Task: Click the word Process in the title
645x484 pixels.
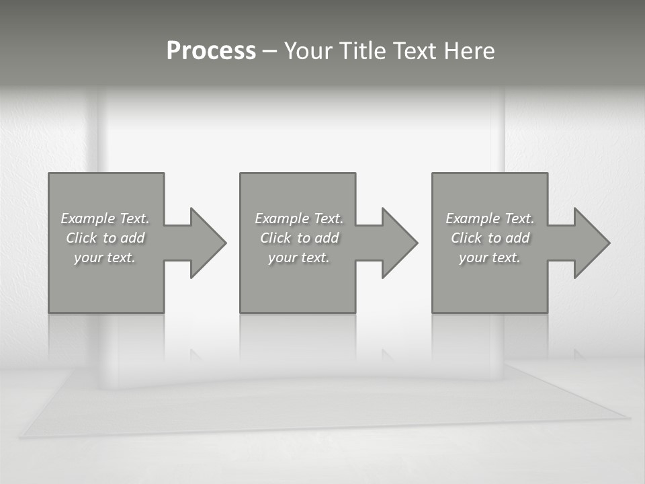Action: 211,51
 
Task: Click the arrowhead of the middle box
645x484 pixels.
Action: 398,243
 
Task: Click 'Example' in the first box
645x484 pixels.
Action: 88,218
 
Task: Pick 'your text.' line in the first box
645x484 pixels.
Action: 105,257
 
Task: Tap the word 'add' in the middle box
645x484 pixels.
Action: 327,238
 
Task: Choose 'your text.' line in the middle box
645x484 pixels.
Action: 298,257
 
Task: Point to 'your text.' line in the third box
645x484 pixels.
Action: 489,257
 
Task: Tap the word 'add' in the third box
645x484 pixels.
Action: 517,238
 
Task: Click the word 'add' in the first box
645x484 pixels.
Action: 132,238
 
